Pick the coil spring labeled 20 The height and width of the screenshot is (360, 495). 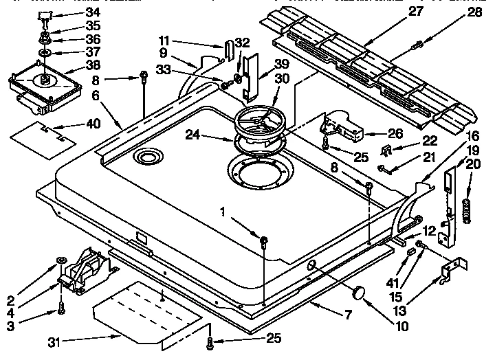[x=467, y=206]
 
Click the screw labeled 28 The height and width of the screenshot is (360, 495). [x=417, y=46]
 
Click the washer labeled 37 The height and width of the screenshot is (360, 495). [x=45, y=53]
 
